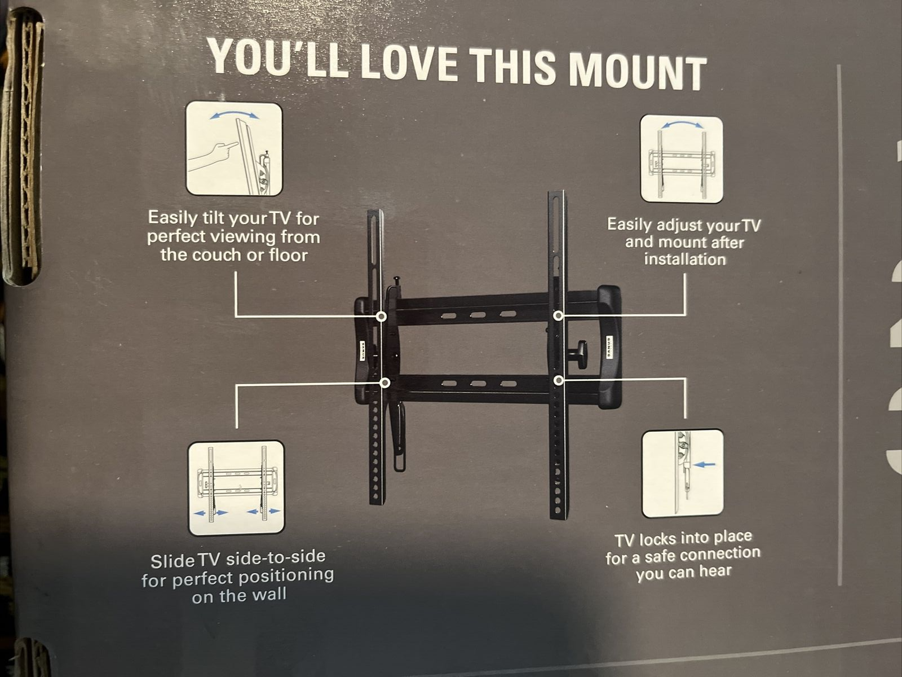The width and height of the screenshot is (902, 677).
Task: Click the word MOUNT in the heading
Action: coord(637,71)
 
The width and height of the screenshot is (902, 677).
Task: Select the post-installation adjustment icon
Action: coord(682,159)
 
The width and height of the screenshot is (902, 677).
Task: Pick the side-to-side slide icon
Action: coord(236,488)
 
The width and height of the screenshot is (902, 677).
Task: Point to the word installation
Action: coord(685,260)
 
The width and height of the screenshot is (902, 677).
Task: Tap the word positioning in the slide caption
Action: coord(286,577)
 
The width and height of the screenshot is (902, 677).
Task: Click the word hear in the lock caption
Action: coord(715,572)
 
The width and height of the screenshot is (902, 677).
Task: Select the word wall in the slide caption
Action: coord(269,595)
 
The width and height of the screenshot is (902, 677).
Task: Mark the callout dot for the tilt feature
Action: coord(381,316)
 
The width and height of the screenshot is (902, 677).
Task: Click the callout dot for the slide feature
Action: coord(386,383)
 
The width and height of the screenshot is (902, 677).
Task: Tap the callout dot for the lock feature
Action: coord(558,381)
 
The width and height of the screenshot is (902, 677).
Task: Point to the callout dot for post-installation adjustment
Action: coord(558,316)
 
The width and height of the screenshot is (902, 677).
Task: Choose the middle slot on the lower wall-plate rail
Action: coord(479,384)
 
